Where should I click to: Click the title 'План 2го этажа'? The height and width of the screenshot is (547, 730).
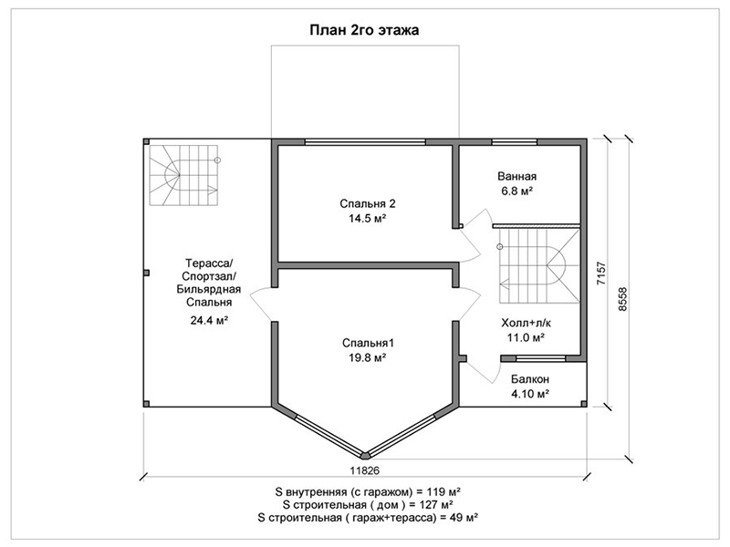pos(364,30)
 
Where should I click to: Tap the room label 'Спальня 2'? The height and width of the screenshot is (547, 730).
pos(368,203)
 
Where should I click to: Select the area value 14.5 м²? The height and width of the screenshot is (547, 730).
pos(368,218)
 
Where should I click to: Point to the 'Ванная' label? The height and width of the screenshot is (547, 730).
pos(516,176)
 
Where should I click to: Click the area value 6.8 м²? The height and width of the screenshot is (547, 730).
pos(516,191)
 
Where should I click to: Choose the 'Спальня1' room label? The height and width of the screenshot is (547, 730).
pos(368,344)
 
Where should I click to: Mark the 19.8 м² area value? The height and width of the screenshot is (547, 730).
pos(368,357)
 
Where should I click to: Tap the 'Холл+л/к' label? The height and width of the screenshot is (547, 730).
pos(527,323)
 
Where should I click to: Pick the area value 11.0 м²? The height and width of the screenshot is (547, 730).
pos(527,337)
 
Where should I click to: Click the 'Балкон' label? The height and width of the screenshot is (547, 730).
pos(530,379)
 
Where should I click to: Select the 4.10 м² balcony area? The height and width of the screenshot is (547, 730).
pos(530,394)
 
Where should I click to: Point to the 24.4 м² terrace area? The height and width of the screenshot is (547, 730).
pos(209,320)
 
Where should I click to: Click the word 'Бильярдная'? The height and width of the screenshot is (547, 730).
pos(209,289)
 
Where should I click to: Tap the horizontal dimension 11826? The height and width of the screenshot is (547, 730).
pos(364,470)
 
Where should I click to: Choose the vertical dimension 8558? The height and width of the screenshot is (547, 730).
pos(622,299)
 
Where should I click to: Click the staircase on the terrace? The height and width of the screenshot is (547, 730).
pos(183,175)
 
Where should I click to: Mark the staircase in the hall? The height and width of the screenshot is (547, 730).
pos(539,266)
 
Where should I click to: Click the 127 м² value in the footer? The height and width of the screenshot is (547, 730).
pos(438,505)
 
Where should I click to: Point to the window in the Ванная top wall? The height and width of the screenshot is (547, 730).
pos(515,142)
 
